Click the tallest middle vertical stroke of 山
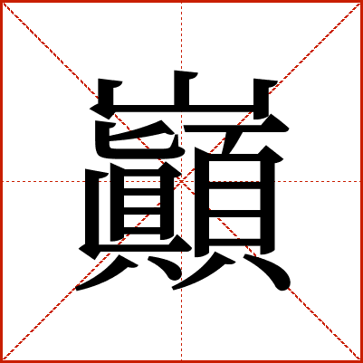point(182,89)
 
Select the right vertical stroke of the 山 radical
point(261,98)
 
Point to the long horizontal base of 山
point(181,109)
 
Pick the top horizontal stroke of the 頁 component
point(236,129)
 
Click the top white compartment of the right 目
point(234,171)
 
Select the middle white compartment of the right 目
point(234,199)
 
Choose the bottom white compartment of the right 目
point(234,227)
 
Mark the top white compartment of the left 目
point(142,182)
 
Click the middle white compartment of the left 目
point(142,201)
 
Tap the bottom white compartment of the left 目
point(142,221)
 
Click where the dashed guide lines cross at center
point(181,181)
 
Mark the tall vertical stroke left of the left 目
point(92,208)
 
